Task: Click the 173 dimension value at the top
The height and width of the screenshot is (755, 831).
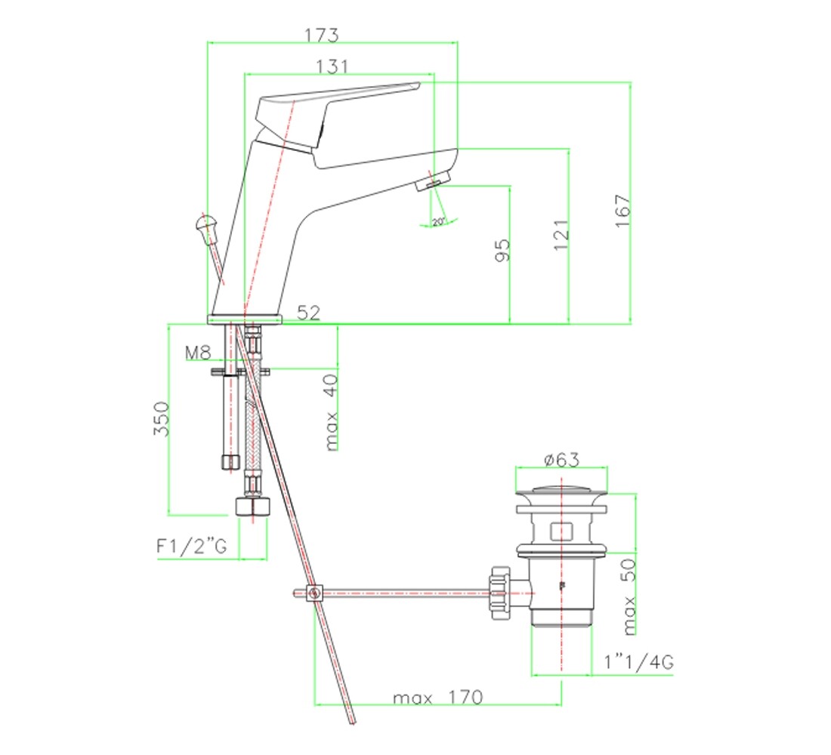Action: [321, 35]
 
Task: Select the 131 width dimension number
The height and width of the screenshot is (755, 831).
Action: [332, 66]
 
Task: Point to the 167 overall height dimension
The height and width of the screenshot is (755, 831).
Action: [622, 211]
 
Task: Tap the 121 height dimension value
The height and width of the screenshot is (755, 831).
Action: [561, 236]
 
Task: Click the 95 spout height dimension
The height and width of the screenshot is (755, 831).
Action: [502, 250]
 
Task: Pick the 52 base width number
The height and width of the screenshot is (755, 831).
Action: [308, 313]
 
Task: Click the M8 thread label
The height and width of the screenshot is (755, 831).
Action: [198, 353]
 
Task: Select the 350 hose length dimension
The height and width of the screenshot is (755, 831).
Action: [162, 418]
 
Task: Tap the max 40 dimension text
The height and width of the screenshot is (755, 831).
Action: [331, 412]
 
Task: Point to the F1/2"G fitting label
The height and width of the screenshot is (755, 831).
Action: [192, 546]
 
